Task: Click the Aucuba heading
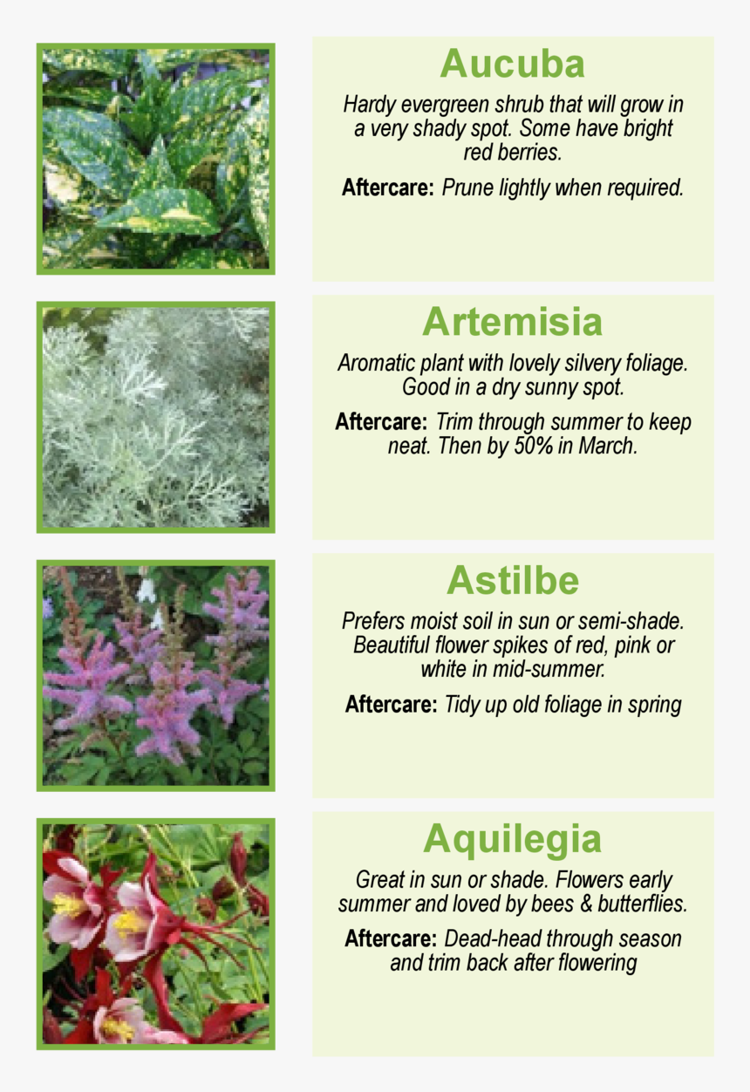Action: coord(512,64)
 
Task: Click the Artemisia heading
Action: coord(512,322)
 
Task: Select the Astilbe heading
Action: coord(512,580)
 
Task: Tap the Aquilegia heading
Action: coord(512,839)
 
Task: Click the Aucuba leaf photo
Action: coord(155,159)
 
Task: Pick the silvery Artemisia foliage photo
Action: coord(155,417)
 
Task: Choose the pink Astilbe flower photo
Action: coord(155,675)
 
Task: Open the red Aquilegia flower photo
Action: coord(155,933)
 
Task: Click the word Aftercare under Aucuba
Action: coord(388,188)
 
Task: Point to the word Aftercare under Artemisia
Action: coord(381,422)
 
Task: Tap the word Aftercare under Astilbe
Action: coord(391,704)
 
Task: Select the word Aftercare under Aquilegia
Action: coord(391,939)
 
